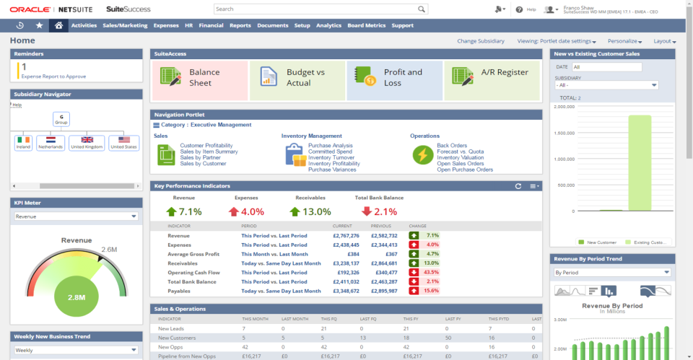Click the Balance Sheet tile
click(x=199, y=78)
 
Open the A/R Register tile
click(x=492, y=78)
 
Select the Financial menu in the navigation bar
click(x=211, y=25)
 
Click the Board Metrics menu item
click(x=366, y=25)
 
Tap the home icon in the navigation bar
click(x=58, y=25)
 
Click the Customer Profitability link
click(x=206, y=146)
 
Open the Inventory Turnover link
click(x=330, y=158)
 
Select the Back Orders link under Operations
click(x=452, y=146)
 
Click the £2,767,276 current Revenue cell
click(x=346, y=236)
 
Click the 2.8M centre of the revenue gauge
click(x=75, y=296)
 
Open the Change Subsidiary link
click(x=481, y=41)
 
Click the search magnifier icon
click(x=422, y=9)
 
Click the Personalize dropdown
click(x=624, y=41)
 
